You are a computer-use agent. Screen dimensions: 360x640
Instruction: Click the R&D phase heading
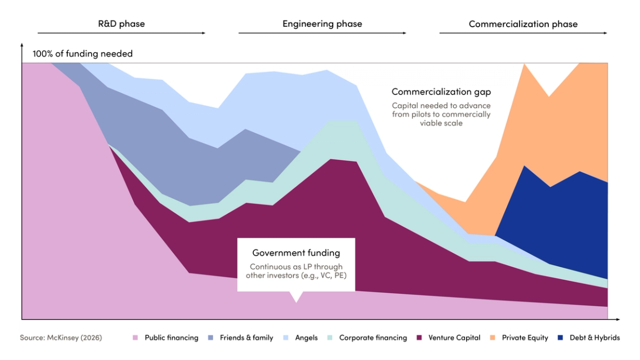(121, 24)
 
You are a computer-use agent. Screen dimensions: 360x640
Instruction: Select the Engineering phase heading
(322, 24)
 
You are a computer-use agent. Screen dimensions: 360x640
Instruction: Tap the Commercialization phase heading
(523, 24)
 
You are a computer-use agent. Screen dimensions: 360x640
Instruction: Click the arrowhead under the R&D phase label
(203, 33)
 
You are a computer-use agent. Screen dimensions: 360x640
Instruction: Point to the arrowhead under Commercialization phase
(605, 33)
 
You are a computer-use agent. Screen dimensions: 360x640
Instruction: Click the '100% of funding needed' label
(83, 54)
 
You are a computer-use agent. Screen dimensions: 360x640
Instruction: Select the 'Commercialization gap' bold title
(441, 92)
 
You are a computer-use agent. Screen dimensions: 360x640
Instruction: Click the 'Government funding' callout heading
(296, 253)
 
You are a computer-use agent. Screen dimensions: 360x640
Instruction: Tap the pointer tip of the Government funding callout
(296, 302)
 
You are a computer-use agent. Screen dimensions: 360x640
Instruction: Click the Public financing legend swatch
(135, 338)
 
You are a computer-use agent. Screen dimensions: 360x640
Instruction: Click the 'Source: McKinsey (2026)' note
(61, 338)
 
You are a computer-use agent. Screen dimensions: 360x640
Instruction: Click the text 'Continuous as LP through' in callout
(296, 267)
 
